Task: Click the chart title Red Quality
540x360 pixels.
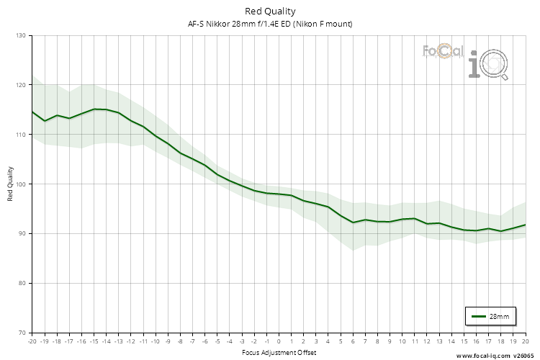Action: pyautogui.click(x=270, y=11)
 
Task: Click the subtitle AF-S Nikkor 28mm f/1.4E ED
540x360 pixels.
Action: pyautogui.click(x=270, y=24)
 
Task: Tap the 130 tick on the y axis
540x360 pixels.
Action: pyautogui.click(x=20, y=35)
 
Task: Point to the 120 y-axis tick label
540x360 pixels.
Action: pyautogui.click(x=20, y=85)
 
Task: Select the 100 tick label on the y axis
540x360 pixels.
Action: pyautogui.click(x=20, y=184)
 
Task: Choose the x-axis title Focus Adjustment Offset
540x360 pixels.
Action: pyautogui.click(x=279, y=352)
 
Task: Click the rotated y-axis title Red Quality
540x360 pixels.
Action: pyautogui.click(x=11, y=184)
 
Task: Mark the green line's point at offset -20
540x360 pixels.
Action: pyautogui.click(x=32, y=112)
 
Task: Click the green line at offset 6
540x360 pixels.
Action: pyautogui.click(x=353, y=222)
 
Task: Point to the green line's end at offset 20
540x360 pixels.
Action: pyautogui.click(x=525, y=225)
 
